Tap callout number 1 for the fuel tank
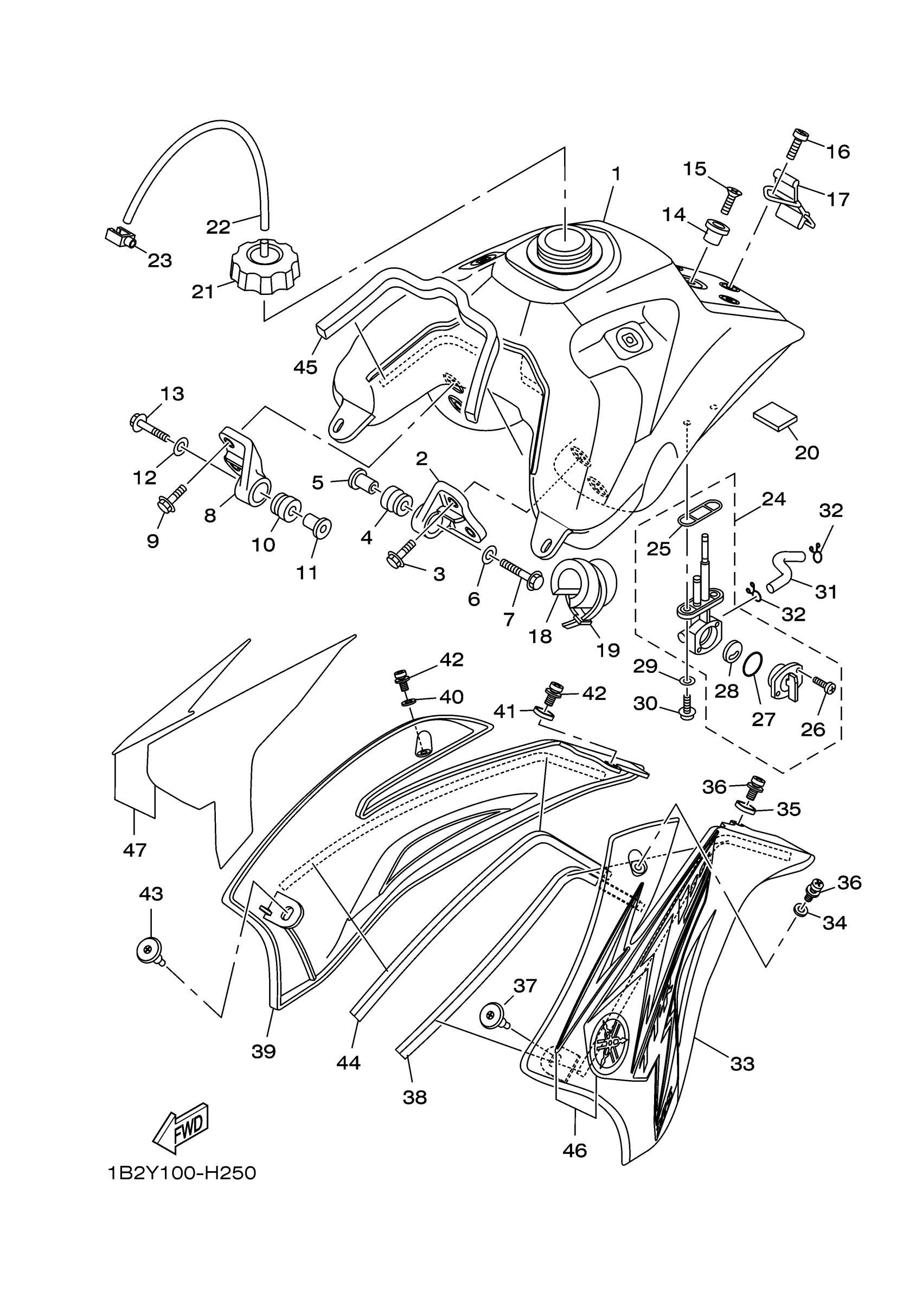pos(616,174)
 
